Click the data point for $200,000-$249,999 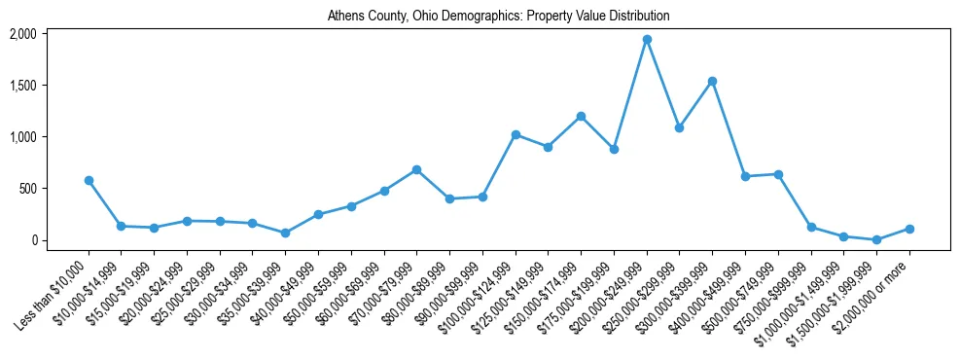(647, 39)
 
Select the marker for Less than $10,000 (89, 180)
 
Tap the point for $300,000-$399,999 (712, 81)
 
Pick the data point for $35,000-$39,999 (285, 234)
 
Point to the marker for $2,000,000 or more (909, 229)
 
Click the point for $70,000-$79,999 (416, 169)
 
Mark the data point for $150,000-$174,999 (581, 116)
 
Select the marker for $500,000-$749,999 (778, 174)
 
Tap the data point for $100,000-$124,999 (516, 134)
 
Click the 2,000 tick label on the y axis (23, 34)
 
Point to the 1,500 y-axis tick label (23, 86)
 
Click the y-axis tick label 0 (33, 240)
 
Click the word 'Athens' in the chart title (345, 17)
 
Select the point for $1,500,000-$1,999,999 (876, 239)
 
